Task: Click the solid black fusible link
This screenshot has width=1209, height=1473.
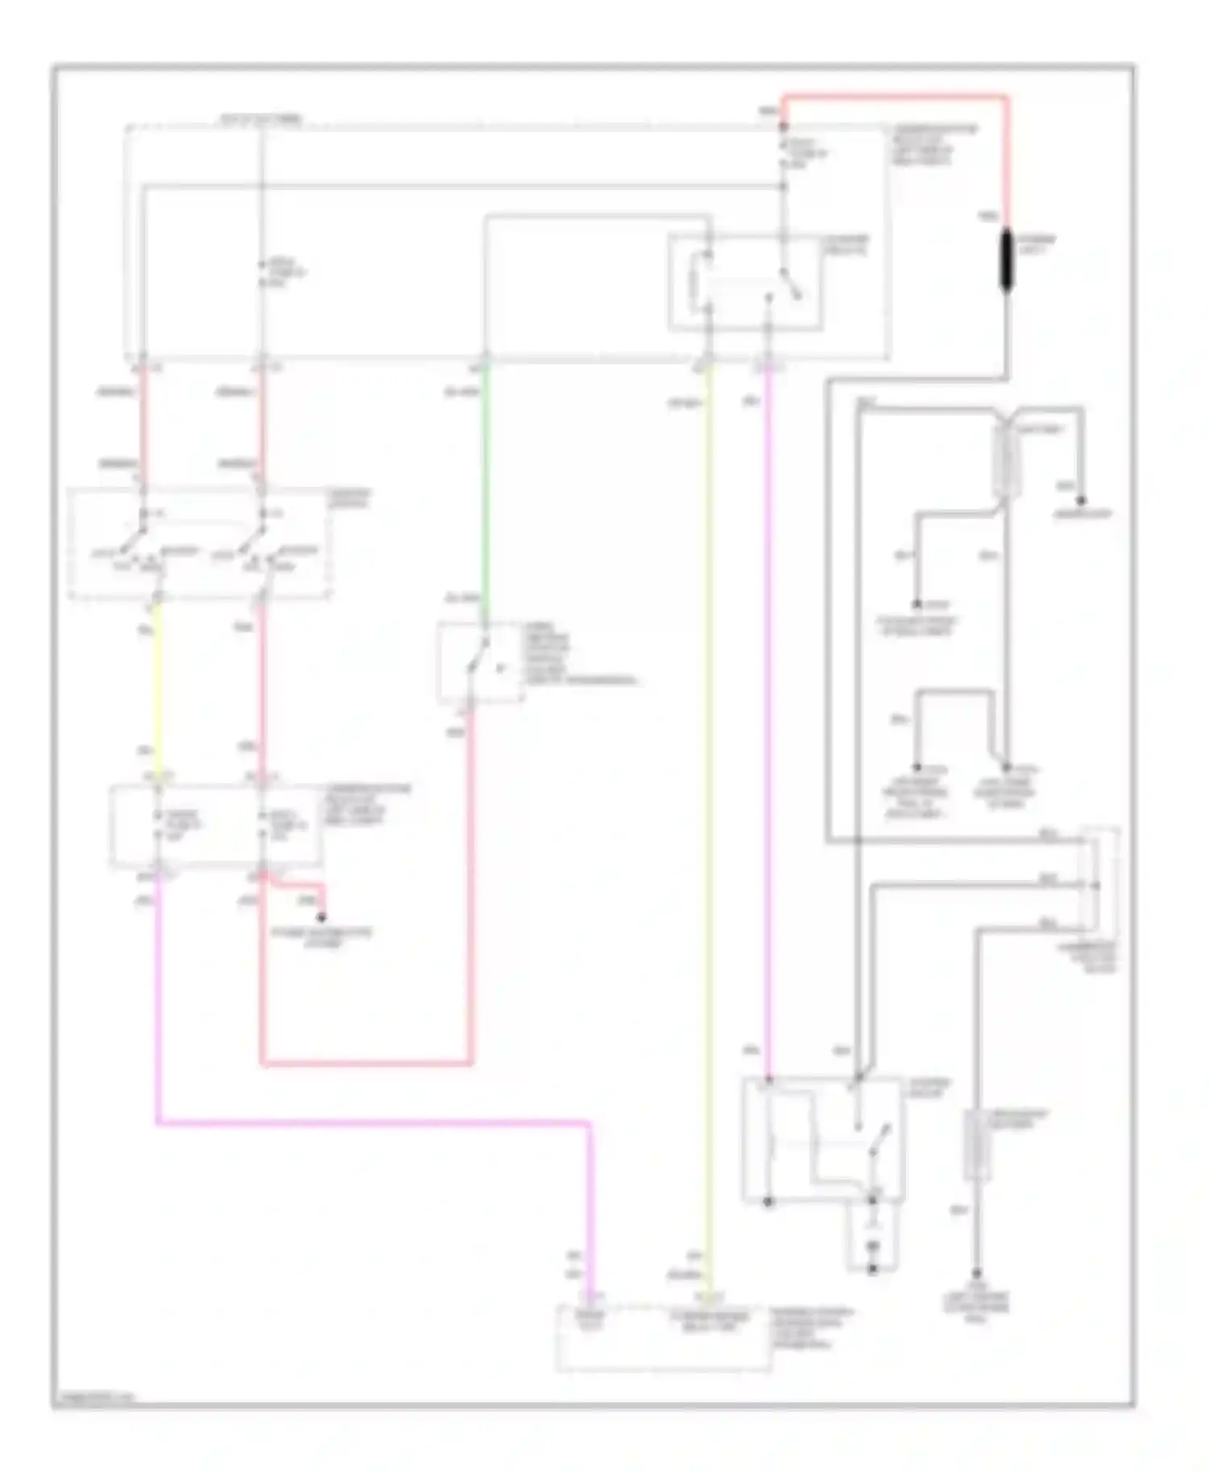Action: [1006, 260]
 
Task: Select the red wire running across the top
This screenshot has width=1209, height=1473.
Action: [895, 97]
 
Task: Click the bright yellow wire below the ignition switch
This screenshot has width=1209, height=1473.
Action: [156, 685]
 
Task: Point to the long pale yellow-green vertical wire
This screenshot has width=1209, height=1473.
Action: [708, 806]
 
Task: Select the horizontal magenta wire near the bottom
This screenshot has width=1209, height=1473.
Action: [371, 1121]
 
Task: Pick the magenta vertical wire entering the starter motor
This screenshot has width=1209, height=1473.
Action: [767, 725]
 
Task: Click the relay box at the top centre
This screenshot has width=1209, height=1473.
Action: [746, 282]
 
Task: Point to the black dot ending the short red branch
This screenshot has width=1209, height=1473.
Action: [322, 918]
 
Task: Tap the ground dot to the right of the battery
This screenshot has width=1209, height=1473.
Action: [1082, 501]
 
